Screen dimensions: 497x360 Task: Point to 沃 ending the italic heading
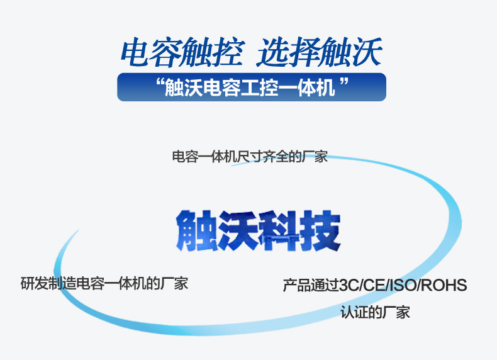click(x=367, y=52)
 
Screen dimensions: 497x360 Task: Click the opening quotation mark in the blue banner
click(x=160, y=83)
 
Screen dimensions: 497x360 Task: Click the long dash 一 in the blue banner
click(x=288, y=88)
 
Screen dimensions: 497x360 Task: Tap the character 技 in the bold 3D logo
click(x=320, y=230)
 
